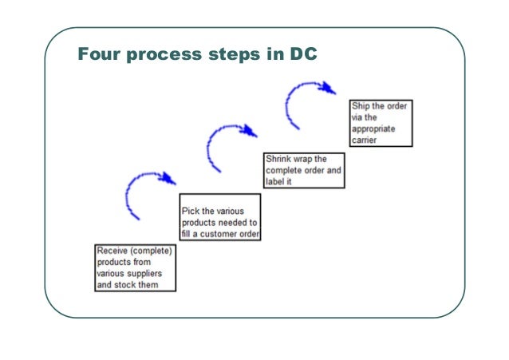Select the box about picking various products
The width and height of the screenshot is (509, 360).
point(221,217)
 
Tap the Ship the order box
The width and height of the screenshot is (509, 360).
point(381,123)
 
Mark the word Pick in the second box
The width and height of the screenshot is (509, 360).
point(191,211)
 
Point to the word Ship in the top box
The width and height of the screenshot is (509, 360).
point(360,106)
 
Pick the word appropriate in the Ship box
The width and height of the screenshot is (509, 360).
point(375,129)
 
